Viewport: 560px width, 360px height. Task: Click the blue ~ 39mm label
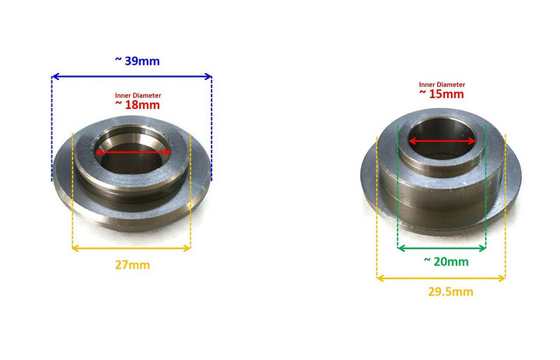click(x=131, y=61)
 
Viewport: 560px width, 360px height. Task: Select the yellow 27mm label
click(x=131, y=264)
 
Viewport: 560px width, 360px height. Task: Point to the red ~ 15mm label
click(x=441, y=93)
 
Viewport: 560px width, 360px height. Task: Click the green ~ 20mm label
click(x=446, y=262)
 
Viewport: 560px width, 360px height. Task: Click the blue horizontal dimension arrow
click(x=131, y=76)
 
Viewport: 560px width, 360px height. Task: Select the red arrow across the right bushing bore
click(x=442, y=141)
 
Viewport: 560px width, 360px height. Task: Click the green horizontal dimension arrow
click(x=441, y=249)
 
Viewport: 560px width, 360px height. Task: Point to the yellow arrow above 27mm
click(x=131, y=249)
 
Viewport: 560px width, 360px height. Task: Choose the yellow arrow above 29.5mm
click(x=441, y=278)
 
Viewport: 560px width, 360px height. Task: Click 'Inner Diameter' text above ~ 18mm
click(x=138, y=96)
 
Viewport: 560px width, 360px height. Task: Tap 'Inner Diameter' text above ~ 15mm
click(x=442, y=84)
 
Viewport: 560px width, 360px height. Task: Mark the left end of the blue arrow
click(x=54, y=76)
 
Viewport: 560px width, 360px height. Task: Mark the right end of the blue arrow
click(x=210, y=76)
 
